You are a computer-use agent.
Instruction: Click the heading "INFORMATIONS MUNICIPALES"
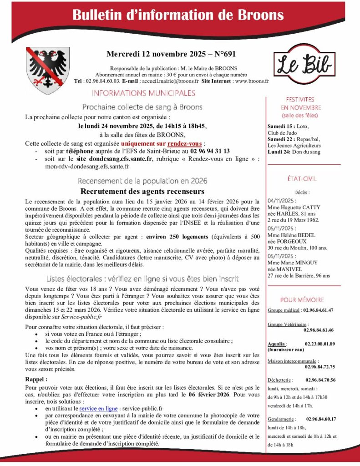coord(143,93)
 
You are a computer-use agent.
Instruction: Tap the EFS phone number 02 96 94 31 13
coord(210,151)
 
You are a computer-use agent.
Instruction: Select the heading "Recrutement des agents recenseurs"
coord(142,191)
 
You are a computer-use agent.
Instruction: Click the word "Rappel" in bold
coord(36,379)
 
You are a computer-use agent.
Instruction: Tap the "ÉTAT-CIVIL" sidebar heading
coord(302,179)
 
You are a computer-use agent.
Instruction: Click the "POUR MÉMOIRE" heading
coord(302,300)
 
